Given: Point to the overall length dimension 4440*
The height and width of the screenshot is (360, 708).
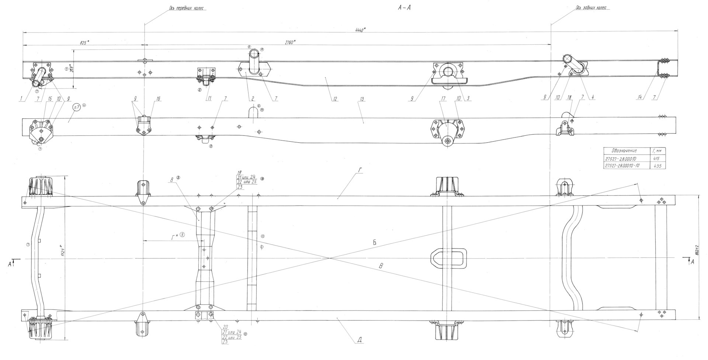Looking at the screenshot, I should tap(360, 30).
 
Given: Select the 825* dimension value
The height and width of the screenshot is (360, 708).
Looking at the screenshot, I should tap(84, 43).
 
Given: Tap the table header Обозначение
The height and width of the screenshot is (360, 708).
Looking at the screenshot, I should tap(624, 151).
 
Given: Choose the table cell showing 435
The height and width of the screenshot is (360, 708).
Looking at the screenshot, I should tap(657, 166).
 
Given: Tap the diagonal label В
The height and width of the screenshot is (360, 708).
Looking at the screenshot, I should tap(382, 266).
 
